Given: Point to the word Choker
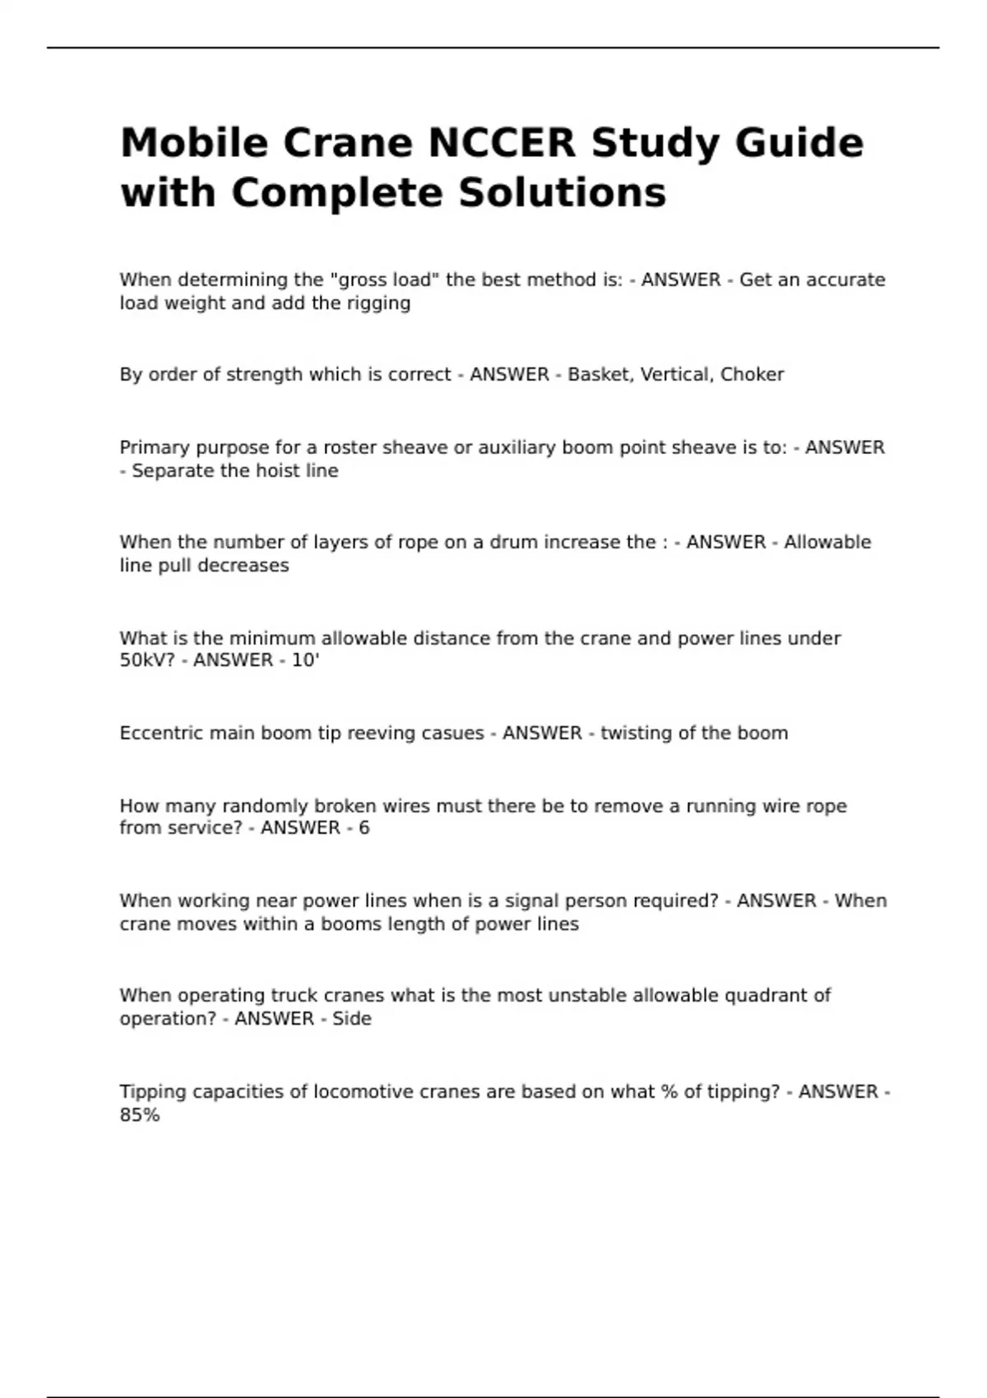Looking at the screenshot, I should [x=752, y=375].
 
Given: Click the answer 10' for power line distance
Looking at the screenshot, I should [x=305, y=660].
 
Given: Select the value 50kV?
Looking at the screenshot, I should [x=153, y=660].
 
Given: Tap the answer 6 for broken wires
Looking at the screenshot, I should [x=364, y=828].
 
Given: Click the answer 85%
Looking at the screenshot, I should [x=140, y=1116].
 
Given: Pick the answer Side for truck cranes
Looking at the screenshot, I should [x=352, y=1019].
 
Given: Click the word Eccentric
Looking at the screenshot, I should [x=155, y=734].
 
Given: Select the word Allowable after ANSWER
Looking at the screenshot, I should [x=827, y=543].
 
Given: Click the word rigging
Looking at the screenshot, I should [x=379, y=303].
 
